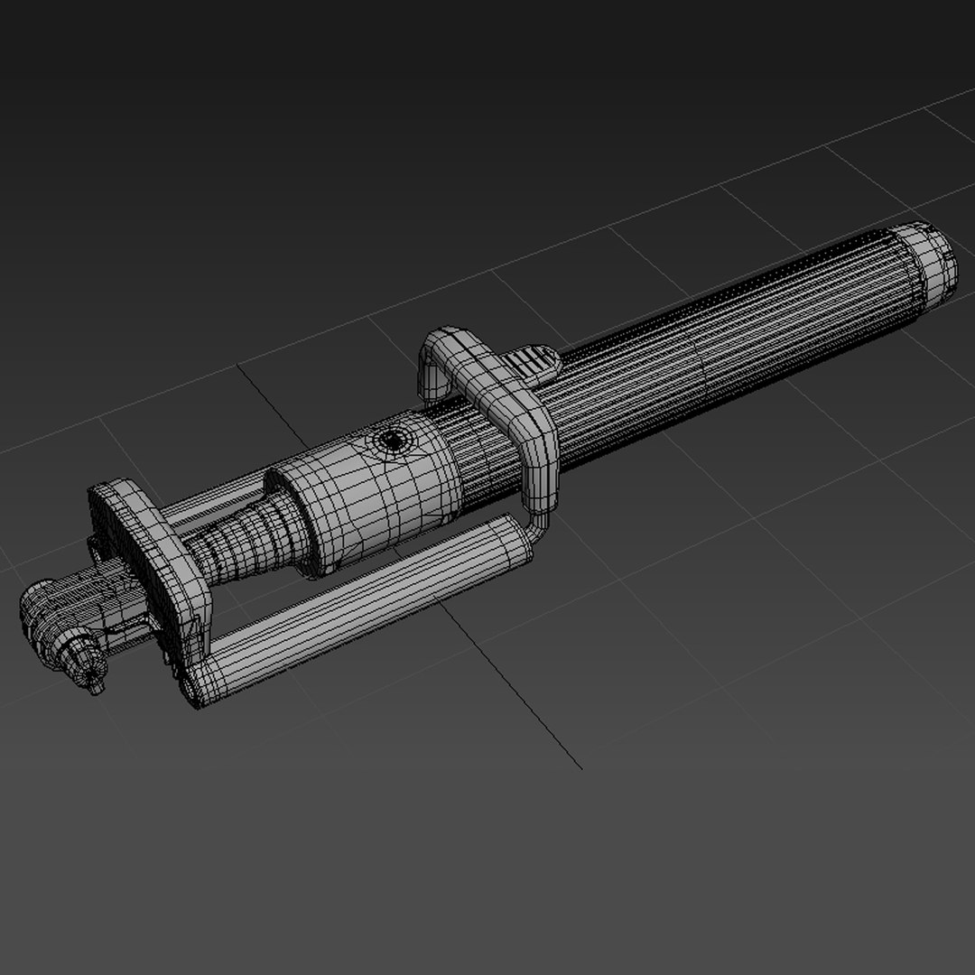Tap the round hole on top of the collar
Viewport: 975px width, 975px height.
(391, 441)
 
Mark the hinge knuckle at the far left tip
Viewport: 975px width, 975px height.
(41, 614)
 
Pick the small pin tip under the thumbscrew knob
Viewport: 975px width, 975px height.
(96, 690)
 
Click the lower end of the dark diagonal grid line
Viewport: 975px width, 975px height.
(580, 768)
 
